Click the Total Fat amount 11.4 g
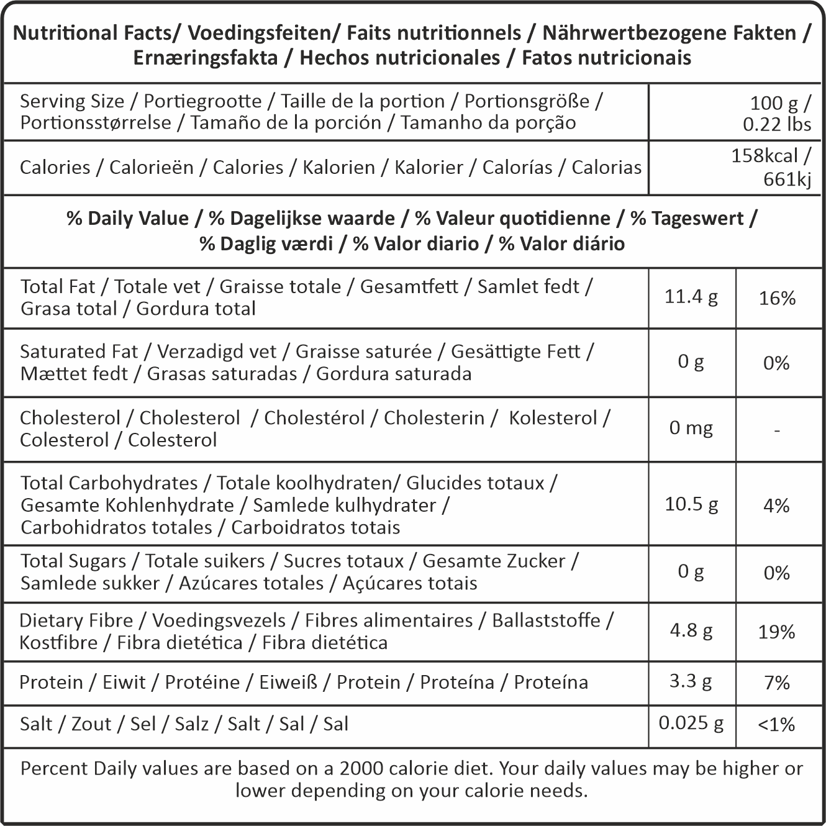click(691, 297)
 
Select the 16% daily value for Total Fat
click(777, 299)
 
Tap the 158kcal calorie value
click(764, 155)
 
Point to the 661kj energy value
click(787, 179)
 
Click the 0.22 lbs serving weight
click(776, 124)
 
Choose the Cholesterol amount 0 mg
click(691, 428)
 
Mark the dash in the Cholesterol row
click(777, 430)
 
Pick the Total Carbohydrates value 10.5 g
click(691, 504)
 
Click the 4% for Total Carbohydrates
click(776, 506)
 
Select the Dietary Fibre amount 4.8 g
click(691, 630)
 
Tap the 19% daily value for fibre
click(776, 632)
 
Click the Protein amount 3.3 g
click(691, 681)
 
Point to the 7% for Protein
click(776, 683)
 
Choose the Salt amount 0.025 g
click(691, 723)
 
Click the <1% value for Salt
click(776, 725)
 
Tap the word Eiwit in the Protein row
click(124, 683)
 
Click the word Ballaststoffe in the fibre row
click(546, 620)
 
